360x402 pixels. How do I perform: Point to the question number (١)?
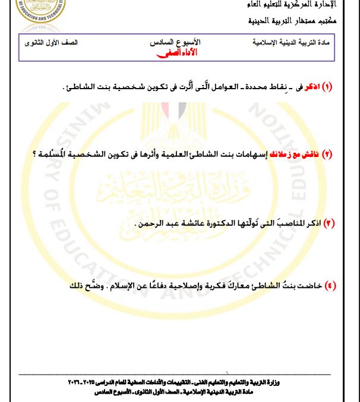(326, 87)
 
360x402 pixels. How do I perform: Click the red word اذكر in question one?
(310, 87)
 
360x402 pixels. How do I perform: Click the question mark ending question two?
(35, 154)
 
